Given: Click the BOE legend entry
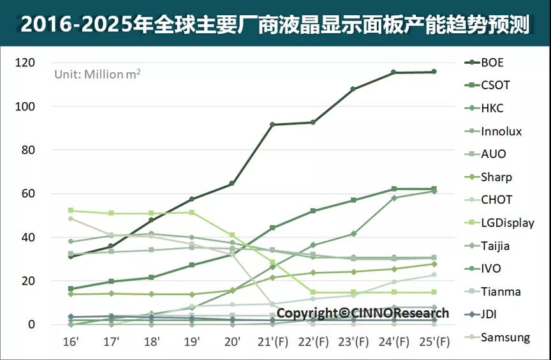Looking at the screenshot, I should (492, 63).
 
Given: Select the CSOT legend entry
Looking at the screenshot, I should (496, 85).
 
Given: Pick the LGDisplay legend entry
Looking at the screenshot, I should (508, 223).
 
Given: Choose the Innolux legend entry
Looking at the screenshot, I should (501, 131).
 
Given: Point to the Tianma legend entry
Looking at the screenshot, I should (501, 292).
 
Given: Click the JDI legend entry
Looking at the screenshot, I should (489, 315).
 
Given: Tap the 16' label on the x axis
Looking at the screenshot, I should (71, 341).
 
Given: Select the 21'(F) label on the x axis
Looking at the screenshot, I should (272, 341).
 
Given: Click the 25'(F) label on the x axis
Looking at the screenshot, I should (434, 341).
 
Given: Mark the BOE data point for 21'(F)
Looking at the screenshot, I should (272, 124).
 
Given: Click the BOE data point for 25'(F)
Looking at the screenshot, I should (434, 71).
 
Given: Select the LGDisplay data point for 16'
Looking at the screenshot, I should (70, 210).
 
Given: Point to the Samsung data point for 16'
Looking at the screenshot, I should (70, 218).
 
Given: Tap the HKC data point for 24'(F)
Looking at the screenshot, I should (394, 198).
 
